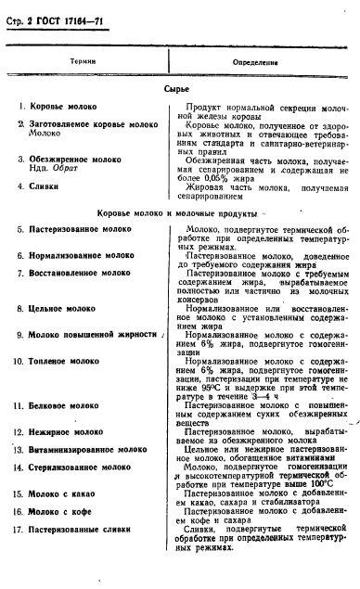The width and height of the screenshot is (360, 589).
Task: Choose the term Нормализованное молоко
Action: [78, 253]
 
